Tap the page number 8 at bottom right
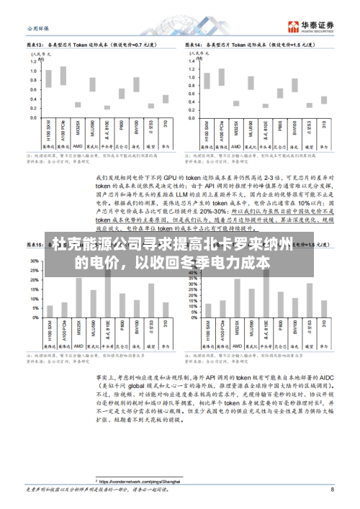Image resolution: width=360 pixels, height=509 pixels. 332,490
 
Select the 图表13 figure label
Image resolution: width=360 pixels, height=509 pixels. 36,44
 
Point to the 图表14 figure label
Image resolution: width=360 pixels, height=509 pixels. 192,44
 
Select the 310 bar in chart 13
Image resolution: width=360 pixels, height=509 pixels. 165,99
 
